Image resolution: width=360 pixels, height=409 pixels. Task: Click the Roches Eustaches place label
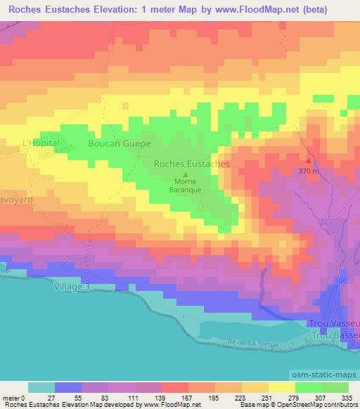(191, 163)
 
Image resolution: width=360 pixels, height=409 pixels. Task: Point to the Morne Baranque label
(186, 185)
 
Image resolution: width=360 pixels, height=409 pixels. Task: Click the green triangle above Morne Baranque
(186, 175)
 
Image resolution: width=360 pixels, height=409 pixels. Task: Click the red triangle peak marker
(307, 161)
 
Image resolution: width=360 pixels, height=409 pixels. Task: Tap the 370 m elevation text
(308, 171)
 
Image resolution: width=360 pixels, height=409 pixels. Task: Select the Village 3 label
(73, 287)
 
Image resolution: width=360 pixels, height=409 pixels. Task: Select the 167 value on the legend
(167, 398)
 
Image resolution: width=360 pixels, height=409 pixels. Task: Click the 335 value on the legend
(345, 398)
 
